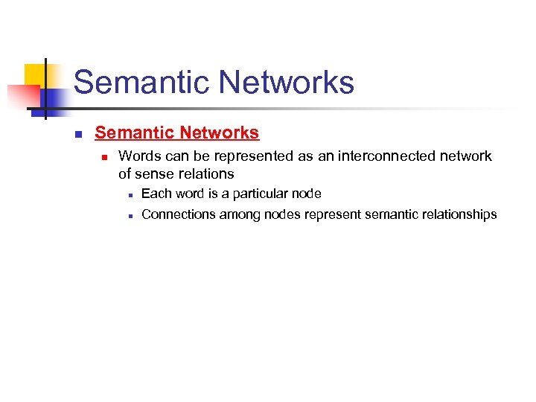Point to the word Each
(155, 194)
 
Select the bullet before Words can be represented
(105, 158)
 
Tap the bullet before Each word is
(129, 195)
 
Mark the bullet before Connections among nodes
(129, 216)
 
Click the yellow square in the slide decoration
(34, 74)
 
